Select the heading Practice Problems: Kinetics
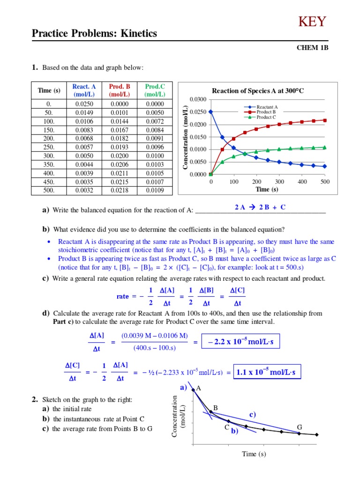94,34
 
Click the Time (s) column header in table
49,90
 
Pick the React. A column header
84,90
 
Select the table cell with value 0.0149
84,112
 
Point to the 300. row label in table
49,155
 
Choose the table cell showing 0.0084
153,129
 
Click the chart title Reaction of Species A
258,91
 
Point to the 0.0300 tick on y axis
198,99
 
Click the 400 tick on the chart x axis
302,181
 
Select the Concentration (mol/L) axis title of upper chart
186,137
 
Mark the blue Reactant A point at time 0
211,112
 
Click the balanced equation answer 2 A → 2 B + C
260,207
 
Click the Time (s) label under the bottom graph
254,454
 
